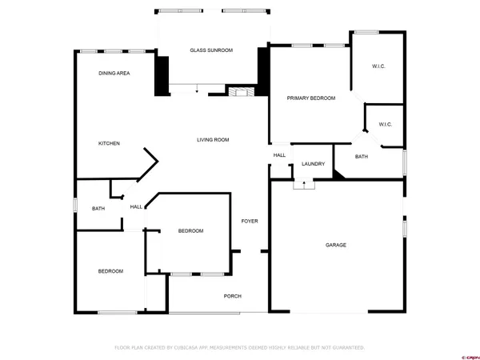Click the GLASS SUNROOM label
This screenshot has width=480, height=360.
(211, 50)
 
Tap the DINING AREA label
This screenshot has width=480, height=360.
(114, 73)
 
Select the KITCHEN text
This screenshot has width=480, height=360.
(109, 143)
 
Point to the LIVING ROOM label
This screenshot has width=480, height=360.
(214, 140)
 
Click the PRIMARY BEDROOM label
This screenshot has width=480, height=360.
(311, 98)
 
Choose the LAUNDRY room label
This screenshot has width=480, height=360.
(313, 164)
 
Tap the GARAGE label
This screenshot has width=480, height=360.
(335, 245)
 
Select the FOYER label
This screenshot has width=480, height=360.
(250, 221)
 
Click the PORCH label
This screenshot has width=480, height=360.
(233, 296)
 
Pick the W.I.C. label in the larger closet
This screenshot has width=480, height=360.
(378, 66)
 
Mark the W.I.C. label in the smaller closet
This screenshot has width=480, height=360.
(385, 124)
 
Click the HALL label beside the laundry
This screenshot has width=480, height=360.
(279, 155)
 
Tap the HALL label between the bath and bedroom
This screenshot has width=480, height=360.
(136, 206)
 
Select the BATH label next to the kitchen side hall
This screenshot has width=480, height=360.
(98, 209)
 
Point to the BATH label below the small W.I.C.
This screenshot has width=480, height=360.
(362, 157)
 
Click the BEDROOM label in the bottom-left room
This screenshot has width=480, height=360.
(110, 271)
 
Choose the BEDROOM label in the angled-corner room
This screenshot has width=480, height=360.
(190, 231)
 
